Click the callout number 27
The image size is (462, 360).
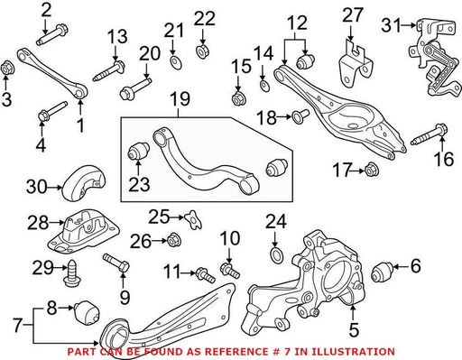pyautogui.click(x=353, y=15)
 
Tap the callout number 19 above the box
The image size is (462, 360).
pyautogui.click(x=180, y=99)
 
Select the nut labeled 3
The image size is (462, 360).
pyautogui.click(x=6, y=68)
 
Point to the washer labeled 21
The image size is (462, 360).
pyautogui.click(x=176, y=63)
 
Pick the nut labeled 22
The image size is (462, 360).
pyautogui.click(x=202, y=51)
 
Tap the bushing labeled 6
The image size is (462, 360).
pyautogui.click(x=382, y=272)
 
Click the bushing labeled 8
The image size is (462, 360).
pyautogui.click(x=87, y=311)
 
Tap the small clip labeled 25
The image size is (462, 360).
pyautogui.click(x=193, y=220)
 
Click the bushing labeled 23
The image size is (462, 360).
pyautogui.click(x=139, y=150)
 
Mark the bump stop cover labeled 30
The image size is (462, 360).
pyautogui.click(x=84, y=182)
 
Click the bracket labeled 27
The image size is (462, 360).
pyautogui.click(x=356, y=65)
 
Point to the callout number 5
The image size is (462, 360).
pyautogui.click(x=354, y=329)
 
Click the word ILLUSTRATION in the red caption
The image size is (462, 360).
pyautogui.click(x=353, y=352)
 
